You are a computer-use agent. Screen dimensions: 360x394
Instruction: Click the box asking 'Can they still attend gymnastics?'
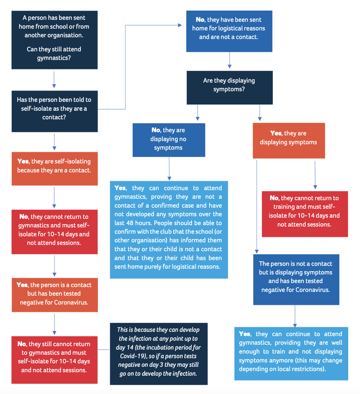pyautogui.click(x=55, y=40)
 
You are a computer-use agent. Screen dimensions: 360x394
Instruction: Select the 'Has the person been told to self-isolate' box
pyautogui.click(x=55, y=111)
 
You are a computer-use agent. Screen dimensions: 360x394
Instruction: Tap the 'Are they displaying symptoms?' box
pyautogui.click(x=229, y=88)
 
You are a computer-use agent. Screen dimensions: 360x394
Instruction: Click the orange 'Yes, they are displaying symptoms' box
pyautogui.click(x=289, y=140)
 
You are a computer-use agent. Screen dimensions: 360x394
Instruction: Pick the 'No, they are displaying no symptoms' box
pyautogui.click(x=169, y=140)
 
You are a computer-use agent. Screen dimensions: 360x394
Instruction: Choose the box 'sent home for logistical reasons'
pyautogui.click(x=229, y=31)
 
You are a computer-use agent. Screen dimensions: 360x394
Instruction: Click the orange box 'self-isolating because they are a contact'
pyautogui.click(x=55, y=168)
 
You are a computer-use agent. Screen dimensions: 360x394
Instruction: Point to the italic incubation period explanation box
pyautogui.click(x=159, y=354)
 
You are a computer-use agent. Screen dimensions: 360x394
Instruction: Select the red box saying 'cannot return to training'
pyautogui.click(x=305, y=214)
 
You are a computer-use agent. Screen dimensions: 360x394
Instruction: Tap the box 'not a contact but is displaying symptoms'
pyautogui.click(x=296, y=279)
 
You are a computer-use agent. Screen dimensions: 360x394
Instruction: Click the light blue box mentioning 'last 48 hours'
pyautogui.click(x=169, y=230)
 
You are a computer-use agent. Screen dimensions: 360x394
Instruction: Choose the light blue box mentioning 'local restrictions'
pyautogui.click(x=291, y=354)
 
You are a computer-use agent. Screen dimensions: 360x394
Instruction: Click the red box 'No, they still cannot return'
pyautogui.click(x=55, y=360)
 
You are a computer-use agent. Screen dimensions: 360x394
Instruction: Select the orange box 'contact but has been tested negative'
pyautogui.click(x=55, y=295)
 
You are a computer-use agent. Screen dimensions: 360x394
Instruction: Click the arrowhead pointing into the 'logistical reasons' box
pyautogui.click(x=180, y=25)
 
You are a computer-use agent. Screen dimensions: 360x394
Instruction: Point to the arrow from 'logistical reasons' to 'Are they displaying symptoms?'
pyautogui.click(x=229, y=60)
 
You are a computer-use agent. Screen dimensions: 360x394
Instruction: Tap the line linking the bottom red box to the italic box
pyautogui.click(x=104, y=350)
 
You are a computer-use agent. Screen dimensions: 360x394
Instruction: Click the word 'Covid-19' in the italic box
pyautogui.click(x=131, y=356)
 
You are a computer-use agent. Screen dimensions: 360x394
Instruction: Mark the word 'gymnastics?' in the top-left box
pyautogui.click(x=54, y=58)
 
